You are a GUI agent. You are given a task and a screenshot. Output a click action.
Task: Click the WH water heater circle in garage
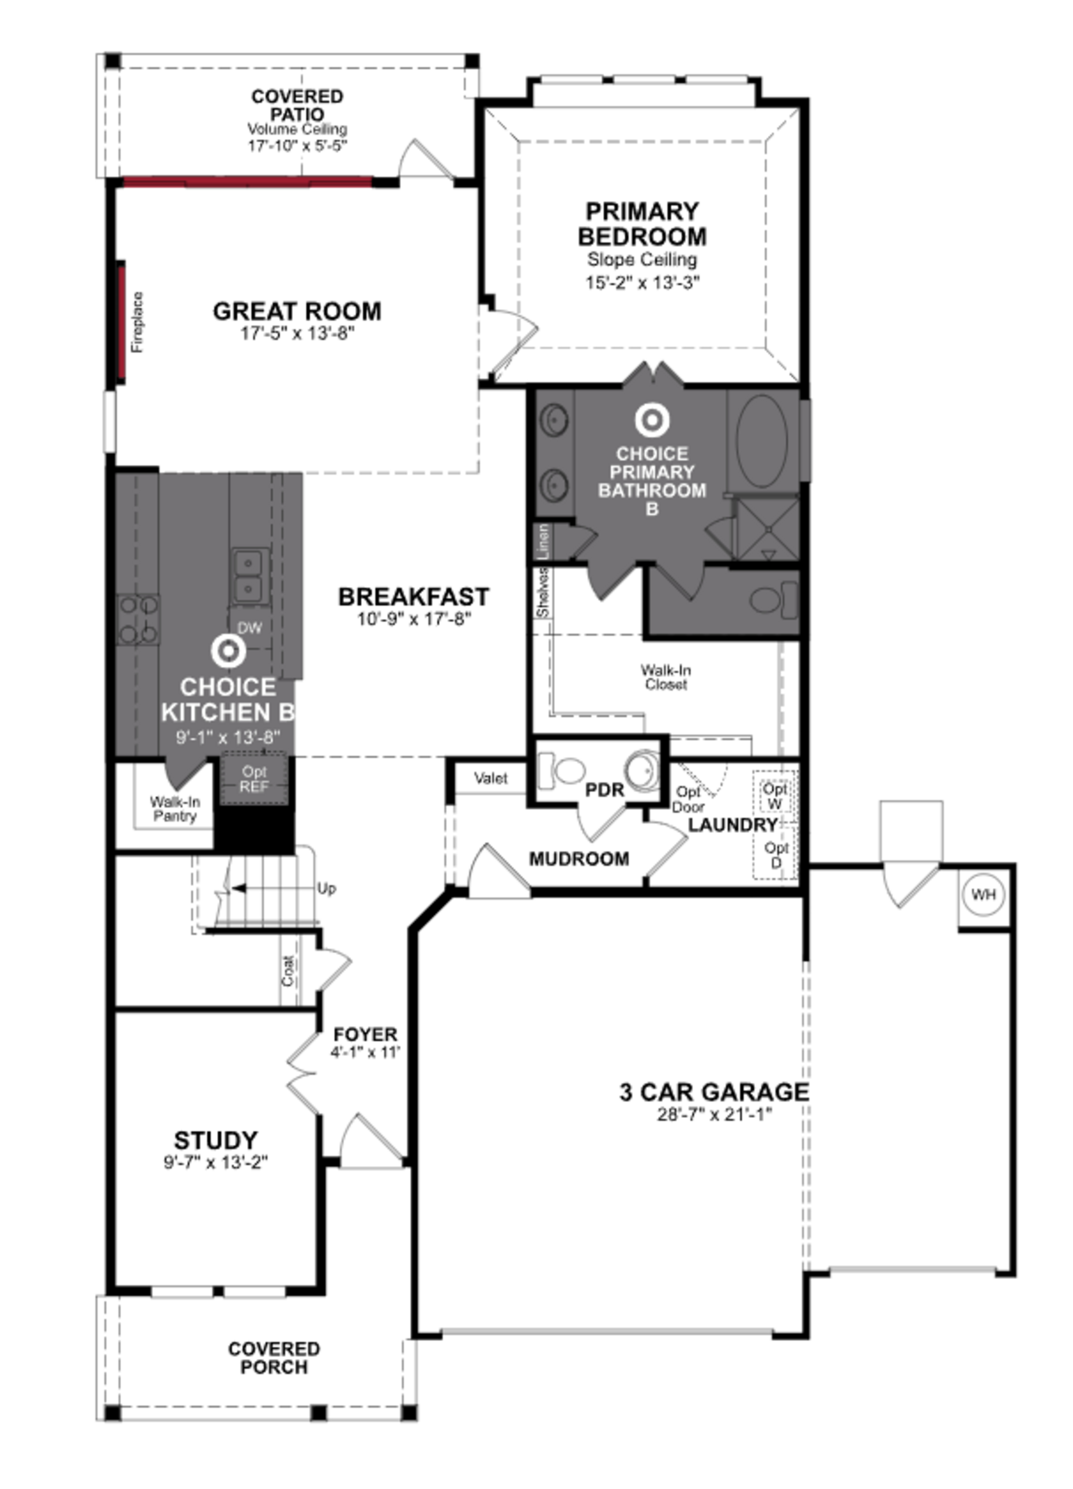pos(983,894)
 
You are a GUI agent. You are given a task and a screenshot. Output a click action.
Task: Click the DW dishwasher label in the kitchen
pos(250,628)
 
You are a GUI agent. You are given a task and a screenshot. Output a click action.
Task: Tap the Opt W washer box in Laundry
pos(775,796)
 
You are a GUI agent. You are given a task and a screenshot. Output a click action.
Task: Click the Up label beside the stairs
pos(326,888)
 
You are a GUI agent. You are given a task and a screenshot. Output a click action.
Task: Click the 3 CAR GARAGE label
pos(714,1092)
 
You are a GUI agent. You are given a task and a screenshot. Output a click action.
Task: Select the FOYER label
pos(365,1035)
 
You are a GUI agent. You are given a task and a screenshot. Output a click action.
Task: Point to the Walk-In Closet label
pos(665,677)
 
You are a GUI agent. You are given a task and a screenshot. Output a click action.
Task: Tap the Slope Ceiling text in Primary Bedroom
pos(642,260)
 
